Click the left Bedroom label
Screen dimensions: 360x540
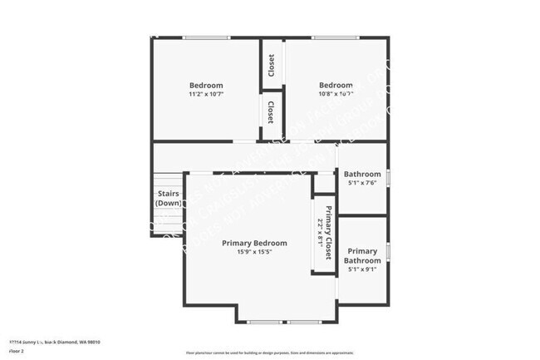click(x=206, y=85)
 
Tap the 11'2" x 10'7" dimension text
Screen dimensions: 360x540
click(x=206, y=95)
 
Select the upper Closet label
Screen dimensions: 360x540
click(x=271, y=64)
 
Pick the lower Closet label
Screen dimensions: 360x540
click(x=271, y=111)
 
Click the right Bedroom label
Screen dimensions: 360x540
click(x=336, y=85)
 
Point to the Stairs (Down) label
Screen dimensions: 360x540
click(x=169, y=198)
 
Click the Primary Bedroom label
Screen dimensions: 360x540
click(x=254, y=244)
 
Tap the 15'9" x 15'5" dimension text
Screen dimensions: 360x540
click(x=254, y=253)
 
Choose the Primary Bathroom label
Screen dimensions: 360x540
click(x=361, y=256)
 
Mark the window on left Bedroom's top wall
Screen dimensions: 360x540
click(x=206, y=37)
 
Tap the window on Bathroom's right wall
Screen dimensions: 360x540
click(x=388, y=178)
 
